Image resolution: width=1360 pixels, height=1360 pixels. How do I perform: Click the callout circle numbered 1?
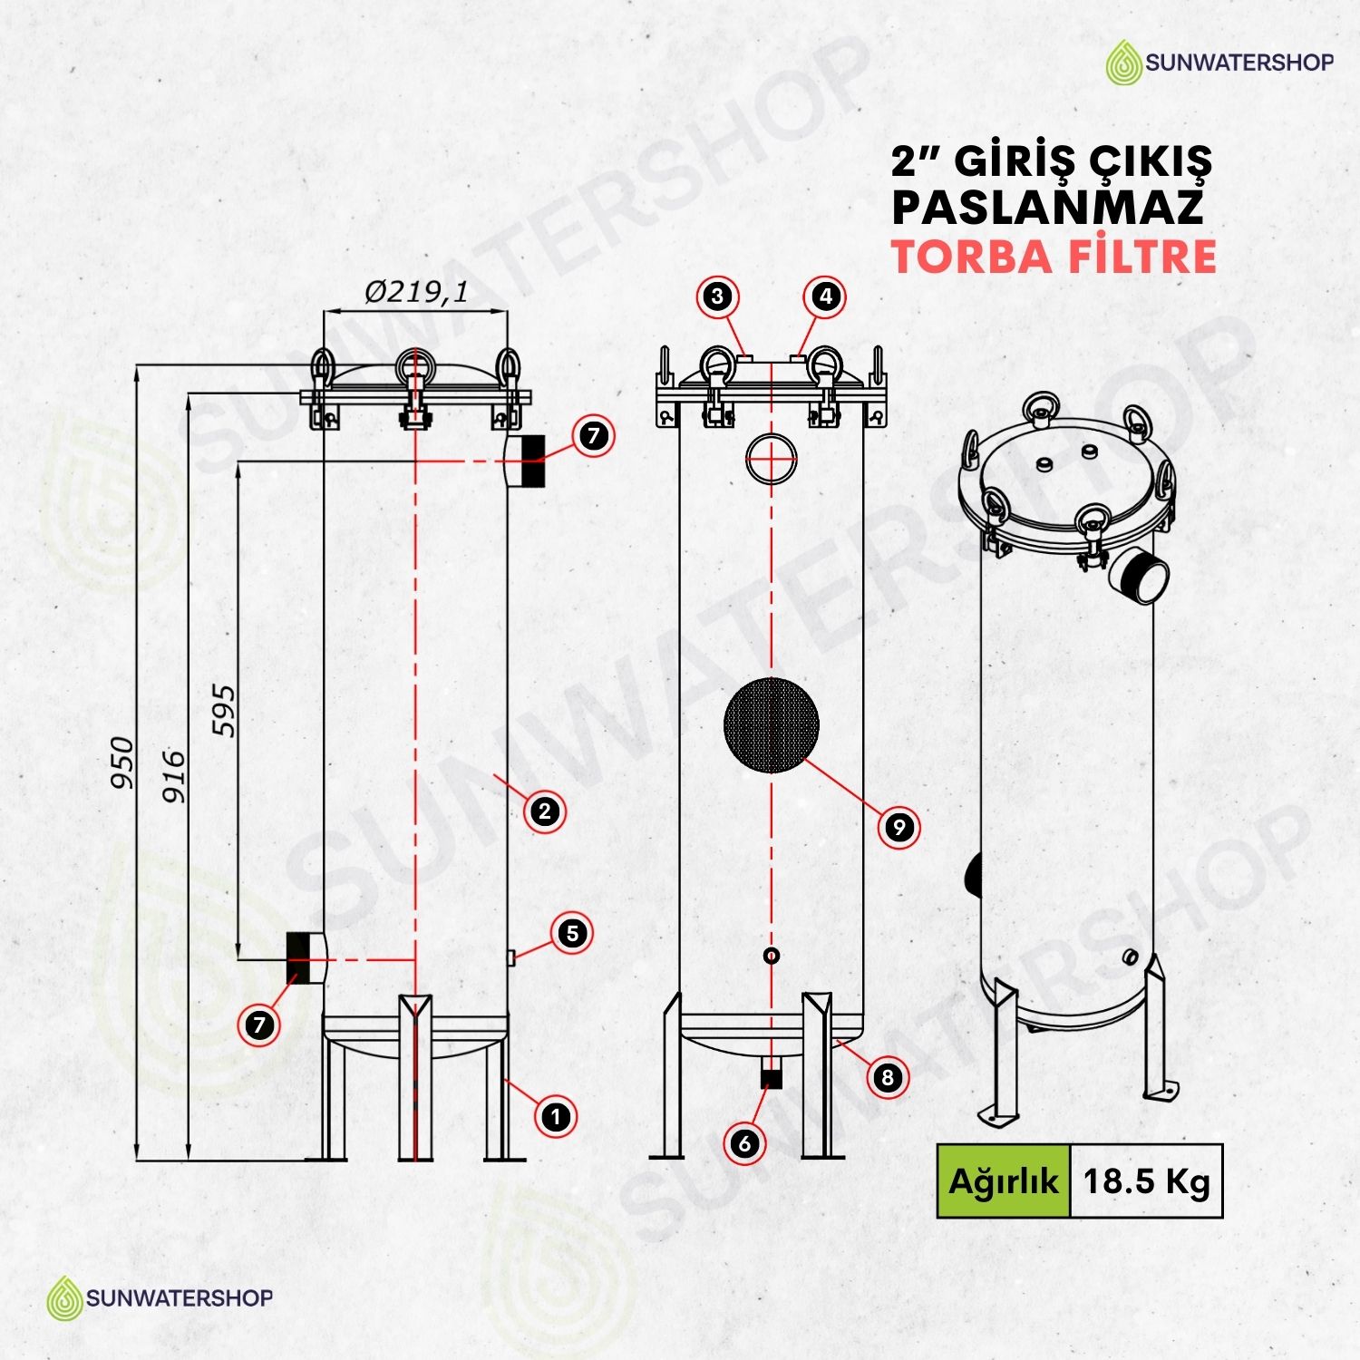556,1116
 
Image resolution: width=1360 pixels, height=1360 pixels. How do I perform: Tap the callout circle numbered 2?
545,811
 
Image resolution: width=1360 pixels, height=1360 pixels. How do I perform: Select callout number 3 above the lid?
718,296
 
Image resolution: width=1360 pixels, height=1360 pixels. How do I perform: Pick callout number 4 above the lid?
825,296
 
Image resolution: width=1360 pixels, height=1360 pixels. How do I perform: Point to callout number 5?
572,933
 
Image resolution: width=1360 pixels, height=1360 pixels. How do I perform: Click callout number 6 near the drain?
744,1143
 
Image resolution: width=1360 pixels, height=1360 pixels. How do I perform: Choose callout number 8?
888,1077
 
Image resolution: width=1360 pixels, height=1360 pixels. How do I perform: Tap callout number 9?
899,827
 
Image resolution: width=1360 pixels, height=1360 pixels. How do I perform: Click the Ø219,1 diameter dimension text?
416,292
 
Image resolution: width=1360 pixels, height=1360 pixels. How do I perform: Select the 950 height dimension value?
122,763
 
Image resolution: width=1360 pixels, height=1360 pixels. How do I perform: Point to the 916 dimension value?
173,776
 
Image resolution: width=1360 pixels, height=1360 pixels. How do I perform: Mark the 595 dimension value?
223,711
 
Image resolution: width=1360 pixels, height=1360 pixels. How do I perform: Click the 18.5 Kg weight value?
1147,1181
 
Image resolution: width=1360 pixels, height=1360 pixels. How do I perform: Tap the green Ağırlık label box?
1004,1180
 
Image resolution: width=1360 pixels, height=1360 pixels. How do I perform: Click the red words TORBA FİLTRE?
1054,257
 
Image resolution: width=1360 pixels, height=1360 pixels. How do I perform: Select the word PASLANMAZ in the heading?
1047,208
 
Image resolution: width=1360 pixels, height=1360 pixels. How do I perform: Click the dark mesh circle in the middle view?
772,724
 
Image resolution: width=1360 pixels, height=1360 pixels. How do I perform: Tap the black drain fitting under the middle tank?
772,1080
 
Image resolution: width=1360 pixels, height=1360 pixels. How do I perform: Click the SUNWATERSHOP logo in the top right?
1219,62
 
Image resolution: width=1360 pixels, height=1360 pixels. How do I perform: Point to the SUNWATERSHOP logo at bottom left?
160,1297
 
